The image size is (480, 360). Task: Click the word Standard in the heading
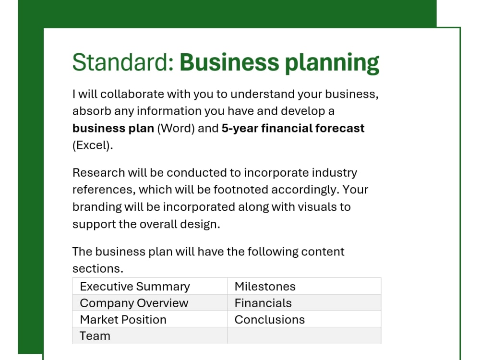coord(123,62)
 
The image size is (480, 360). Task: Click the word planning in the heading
coord(332,63)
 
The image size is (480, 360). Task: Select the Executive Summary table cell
coord(135,287)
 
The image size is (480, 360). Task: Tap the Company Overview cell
coord(134,303)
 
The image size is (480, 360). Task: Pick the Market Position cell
coord(123,320)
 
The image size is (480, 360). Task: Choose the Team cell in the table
coord(95,336)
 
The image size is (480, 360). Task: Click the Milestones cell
coord(265,287)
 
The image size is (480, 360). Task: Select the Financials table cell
coord(263,303)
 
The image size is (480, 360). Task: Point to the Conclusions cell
coord(270,320)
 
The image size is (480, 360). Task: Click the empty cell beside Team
coord(304,336)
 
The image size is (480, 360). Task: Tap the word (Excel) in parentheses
coord(93,145)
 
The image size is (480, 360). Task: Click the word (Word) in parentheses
coord(176,129)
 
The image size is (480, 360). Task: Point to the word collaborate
coord(131,94)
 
